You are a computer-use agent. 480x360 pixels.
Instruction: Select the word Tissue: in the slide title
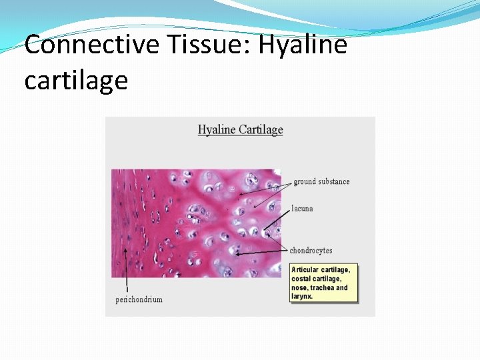pos(200,45)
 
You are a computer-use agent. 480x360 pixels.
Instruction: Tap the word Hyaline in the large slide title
pos(303,45)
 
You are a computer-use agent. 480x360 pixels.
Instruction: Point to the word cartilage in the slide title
pos(75,80)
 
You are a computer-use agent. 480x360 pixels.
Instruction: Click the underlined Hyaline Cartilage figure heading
pos(240,129)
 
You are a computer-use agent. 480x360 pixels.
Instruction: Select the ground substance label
pos(321,181)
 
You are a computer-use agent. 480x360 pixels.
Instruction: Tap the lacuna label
pos(302,209)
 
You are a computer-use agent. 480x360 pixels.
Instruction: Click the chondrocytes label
pos(311,251)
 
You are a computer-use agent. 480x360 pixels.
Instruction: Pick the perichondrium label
pos(139,299)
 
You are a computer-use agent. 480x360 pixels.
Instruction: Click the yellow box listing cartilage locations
pos(323,283)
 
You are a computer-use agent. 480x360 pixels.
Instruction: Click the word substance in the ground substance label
pos(334,181)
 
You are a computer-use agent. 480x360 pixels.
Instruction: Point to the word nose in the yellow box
pos(300,287)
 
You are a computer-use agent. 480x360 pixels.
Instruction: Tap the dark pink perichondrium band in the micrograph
pos(127,220)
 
